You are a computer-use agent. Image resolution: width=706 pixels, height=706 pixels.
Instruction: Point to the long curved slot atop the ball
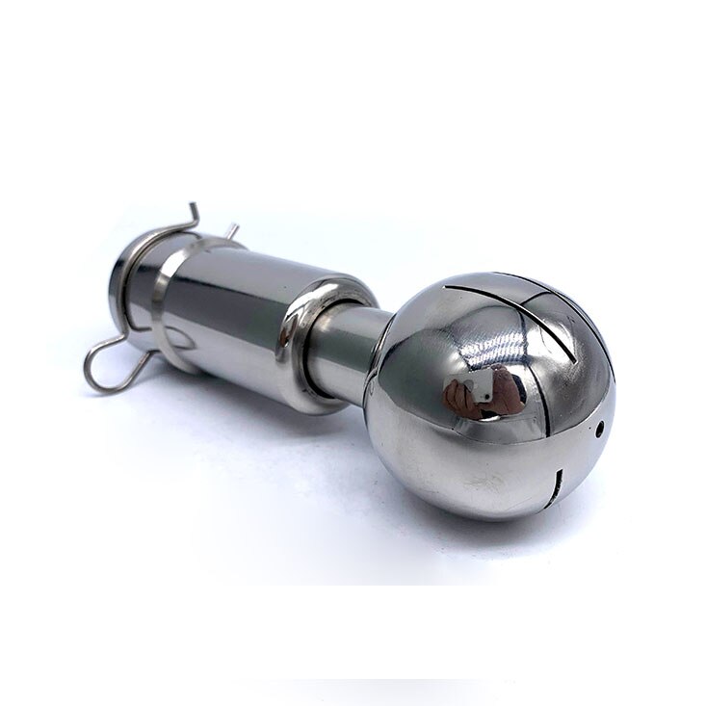[501, 285]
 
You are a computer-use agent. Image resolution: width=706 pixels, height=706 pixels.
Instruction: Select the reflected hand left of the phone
[454, 396]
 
